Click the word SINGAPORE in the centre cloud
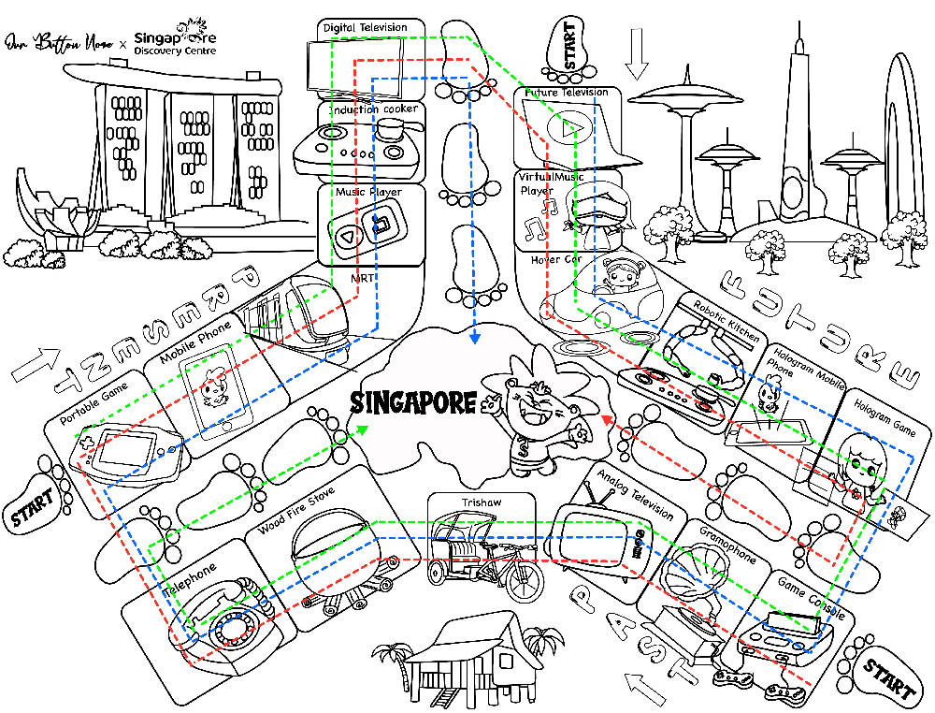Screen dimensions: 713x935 click(x=412, y=403)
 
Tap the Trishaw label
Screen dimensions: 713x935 click(x=482, y=502)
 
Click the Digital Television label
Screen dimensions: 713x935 click(x=365, y=28)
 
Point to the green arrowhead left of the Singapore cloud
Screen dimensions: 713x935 click(x=361, y=429)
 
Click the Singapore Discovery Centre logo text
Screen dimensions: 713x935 click(x=176, y=42)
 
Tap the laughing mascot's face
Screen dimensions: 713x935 click(x=533, y=394)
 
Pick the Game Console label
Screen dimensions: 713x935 click(x=813, y=597)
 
